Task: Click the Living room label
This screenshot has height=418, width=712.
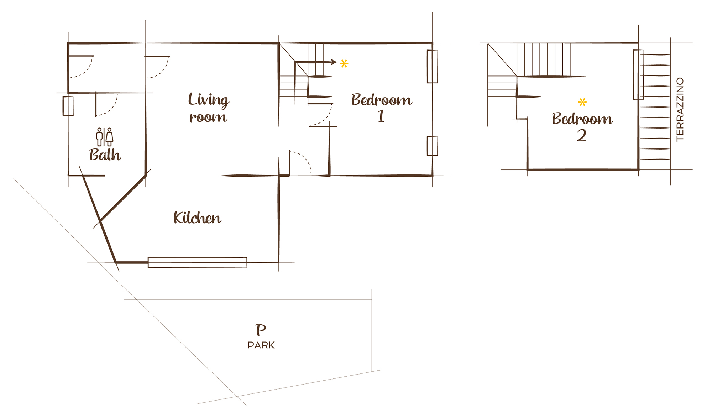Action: pyautogui.click(x=208, y=108)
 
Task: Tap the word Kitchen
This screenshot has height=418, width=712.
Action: pyautogui.click(x=197, y=218)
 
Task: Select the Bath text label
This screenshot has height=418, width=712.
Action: pyautogui.click(x=105, y=155)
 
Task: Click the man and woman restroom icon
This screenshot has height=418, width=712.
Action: pyautogui.click(x=105, y=137)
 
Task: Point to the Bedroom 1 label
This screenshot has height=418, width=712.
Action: pyautogui.click(x=382, y=108)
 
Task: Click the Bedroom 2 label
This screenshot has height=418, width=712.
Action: pyautogui.click(x=582, y=127)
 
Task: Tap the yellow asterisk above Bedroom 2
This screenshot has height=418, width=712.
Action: pyautogui.click(x=582, y=103)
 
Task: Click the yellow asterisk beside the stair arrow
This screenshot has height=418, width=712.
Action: pyautogui.click(x=344, y=64)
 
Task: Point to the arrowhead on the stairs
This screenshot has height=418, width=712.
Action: pyautogui.click(x=334, y=62)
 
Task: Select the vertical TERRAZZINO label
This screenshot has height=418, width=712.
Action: pyautogui.click(x=680, y=109)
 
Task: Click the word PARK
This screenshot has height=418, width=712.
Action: pyautogui.click(x=261, y=345)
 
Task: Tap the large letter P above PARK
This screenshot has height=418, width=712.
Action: pyautogui.click(x=261, y=330)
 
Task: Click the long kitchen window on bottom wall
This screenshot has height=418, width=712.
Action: pyautogui.click(x=197, y=262)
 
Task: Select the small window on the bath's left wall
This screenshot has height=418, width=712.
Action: pyautogui.click(x=68, y=106)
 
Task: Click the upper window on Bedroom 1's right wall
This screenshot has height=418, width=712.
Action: pyautogui.click(x=432, y=67)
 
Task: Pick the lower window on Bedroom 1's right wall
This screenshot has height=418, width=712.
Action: pyautogui.click(x=432, y=146)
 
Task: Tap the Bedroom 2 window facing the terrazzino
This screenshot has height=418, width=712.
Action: pyautogui.click(x=638, y=74)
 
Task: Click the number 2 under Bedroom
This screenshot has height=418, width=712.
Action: pyautogui.click(x=582, y=135)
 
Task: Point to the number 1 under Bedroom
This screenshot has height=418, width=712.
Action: pyautogui.click(x=381, y=116)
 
